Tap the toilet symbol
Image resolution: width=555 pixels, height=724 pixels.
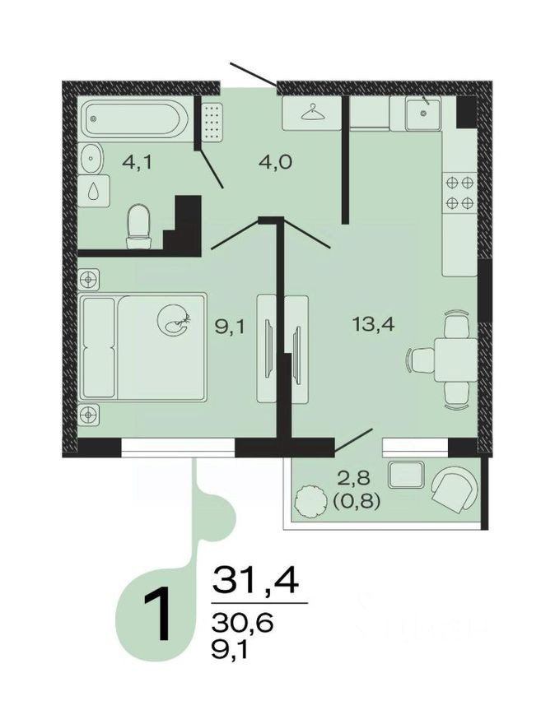coord(140,225)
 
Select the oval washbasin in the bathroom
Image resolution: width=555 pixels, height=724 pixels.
coord(92,157)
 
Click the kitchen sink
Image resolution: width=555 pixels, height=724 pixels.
coord(423,114)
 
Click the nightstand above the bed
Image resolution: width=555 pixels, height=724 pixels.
coord(90,279)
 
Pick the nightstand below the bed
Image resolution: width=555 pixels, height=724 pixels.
coord(90,414)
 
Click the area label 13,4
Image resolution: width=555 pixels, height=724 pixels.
coord(373,324)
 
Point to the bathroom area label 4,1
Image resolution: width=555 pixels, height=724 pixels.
coord(137,162)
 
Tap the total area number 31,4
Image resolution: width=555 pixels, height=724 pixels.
coord(255,580)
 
